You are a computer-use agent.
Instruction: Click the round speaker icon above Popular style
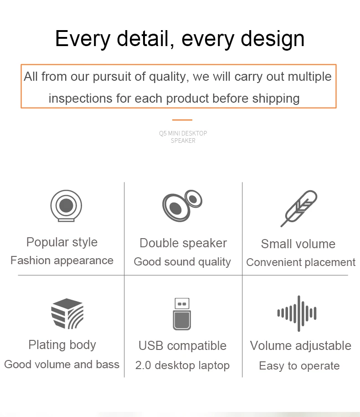(x=66, y=206)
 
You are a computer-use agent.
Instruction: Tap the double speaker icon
(x=182, y=206)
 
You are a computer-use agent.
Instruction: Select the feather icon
(x=299, y=208)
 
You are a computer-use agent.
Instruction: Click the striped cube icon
(x=67, y=313)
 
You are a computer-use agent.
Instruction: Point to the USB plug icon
(x=182, y=314)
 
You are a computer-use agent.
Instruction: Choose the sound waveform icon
(x=297, y=313)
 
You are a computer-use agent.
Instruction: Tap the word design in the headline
(x=273, y=39)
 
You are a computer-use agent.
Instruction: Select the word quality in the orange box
(x=169, y=77)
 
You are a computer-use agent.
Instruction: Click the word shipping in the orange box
(x=276, y=99)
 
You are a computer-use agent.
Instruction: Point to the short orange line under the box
(x=182, y=120)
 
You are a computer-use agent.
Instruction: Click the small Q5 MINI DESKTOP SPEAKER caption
(x=183, y=137)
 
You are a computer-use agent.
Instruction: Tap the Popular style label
(x=62, y=242)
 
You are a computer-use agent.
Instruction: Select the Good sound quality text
(x=182, y=262)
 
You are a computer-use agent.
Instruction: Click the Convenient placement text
(x=301, y=262)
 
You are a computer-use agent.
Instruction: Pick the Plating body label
(x=62, y=345)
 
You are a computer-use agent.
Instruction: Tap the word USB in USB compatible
(x=151, y=346)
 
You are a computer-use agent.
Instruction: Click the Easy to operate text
(x=299, y=366)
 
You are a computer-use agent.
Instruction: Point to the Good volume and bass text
(x=62, y=365)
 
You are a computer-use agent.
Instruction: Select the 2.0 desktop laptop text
(x=182, y=365)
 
